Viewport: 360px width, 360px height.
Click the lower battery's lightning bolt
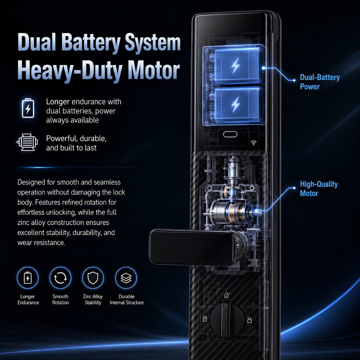(x=236, y=104)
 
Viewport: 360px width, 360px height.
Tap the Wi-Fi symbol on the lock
(x=253, y=143)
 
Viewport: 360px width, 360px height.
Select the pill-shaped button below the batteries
(x=230, y=134)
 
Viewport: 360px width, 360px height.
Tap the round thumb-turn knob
(x=227, y=320)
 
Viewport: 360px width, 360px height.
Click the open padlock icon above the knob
(x=227, y=295)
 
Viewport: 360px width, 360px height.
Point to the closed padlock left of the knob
(x=205, y=319)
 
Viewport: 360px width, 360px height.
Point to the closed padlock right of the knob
(x=249, y=320)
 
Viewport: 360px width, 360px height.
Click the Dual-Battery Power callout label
(x=320, y=82)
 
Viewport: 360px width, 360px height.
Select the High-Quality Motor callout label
(x=319, y=188)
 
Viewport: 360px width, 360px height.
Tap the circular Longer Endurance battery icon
(x=28, y=278)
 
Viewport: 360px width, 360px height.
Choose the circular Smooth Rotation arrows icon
(x=60, y=278)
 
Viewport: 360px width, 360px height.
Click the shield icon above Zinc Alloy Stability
(x=93, y=278)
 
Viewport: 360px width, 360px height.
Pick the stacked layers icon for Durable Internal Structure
(x=126, y=278)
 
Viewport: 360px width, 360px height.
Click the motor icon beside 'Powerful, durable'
(x=27, y=142)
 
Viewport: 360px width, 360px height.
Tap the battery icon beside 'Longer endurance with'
(x=28, y=108)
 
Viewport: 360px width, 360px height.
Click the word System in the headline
(x=153, y=43)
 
